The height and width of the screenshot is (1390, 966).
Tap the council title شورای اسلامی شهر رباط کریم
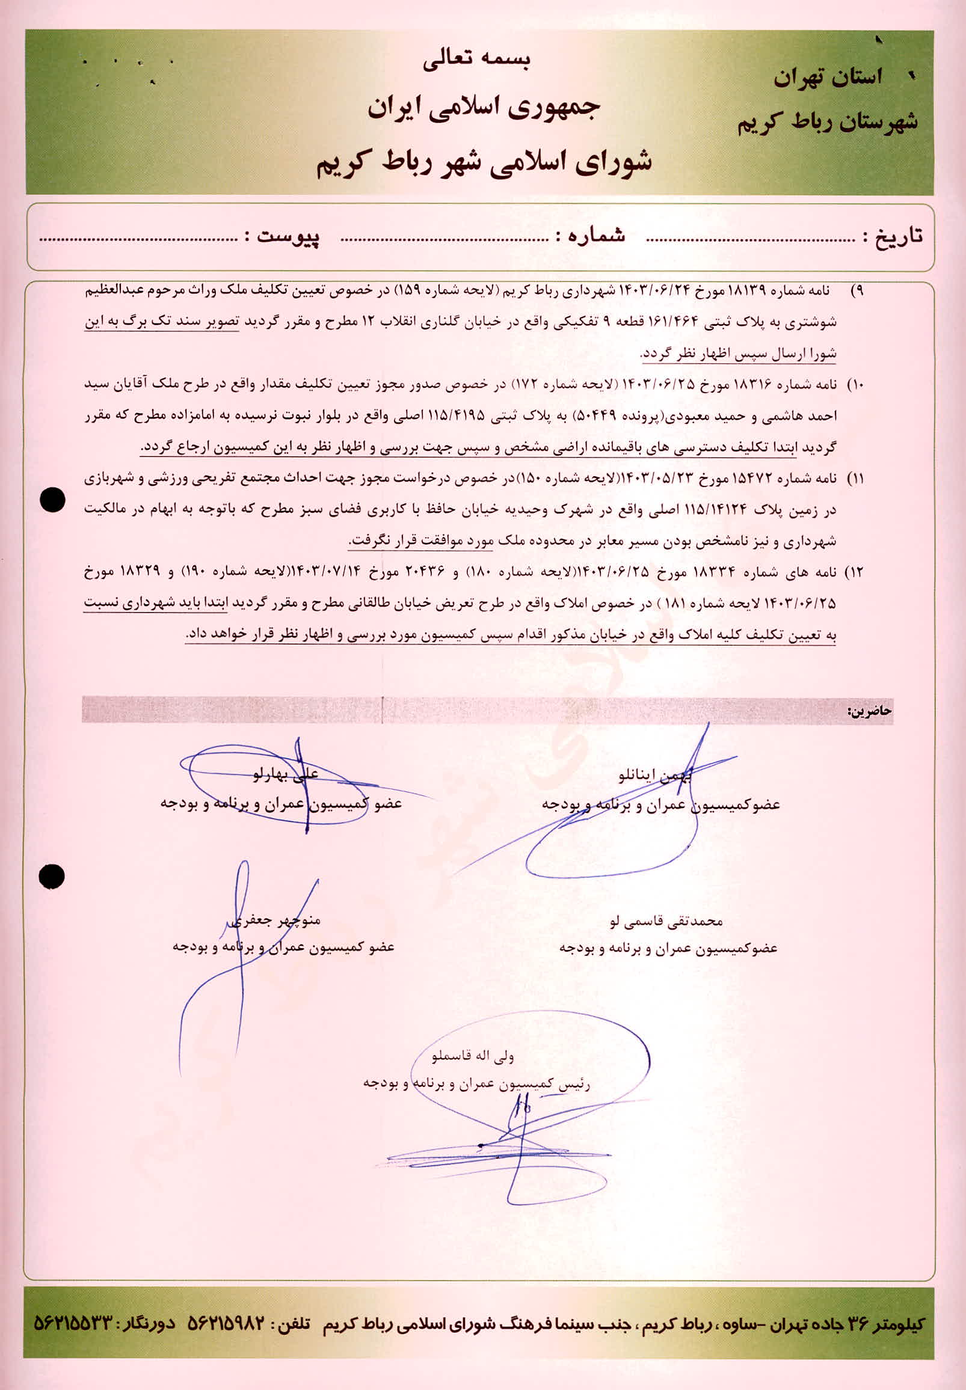pos(484,164)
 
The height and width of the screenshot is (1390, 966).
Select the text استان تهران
pos(828,78)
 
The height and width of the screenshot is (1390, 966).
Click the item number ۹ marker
pos(858,292)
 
